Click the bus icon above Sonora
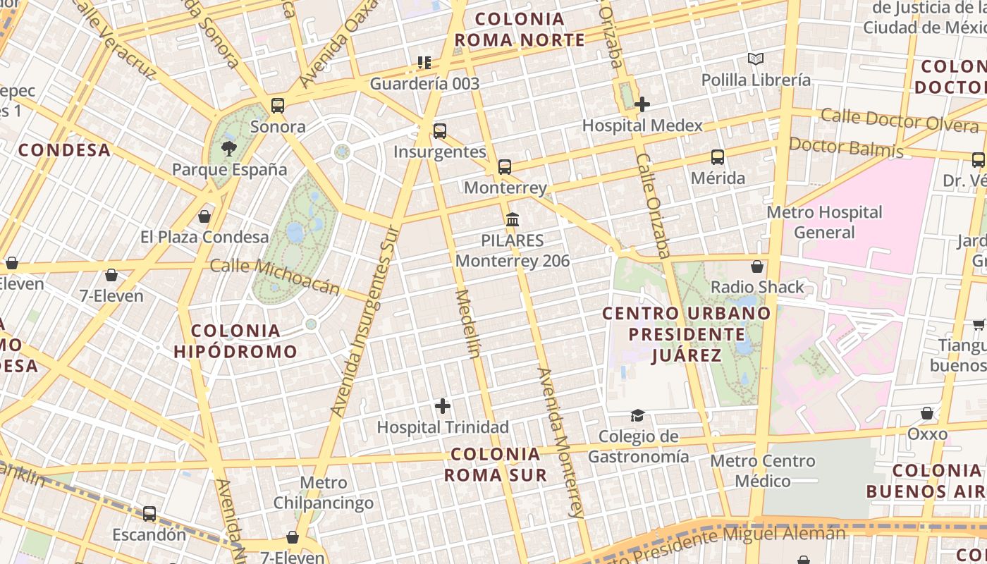(x=278, y=106)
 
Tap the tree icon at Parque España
(x=229, y=148)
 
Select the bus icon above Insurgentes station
(x=440, y=130)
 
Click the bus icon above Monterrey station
(x=505, y=167)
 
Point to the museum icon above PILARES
(x=513, y=219)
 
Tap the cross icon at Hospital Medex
(x=642, y=104)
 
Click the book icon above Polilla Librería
(x=756, y=59)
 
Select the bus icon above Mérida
(x=718, y=157)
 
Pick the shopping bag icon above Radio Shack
(x=757, y=266)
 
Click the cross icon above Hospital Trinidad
(x=443, y=406)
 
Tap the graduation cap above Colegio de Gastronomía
(x=637, y=415)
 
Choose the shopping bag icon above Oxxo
(x=927, y=413)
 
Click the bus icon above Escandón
(x=149, y=513)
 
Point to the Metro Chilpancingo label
(x=324, y=493)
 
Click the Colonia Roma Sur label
(x=496, y=464)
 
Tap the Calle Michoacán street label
(x=275, y=276)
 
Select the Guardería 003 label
(x=424, y=84)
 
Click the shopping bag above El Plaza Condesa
(x=204, y=216)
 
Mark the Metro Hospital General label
(x=824, y=222)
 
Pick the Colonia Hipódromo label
(x=235, y=341)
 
